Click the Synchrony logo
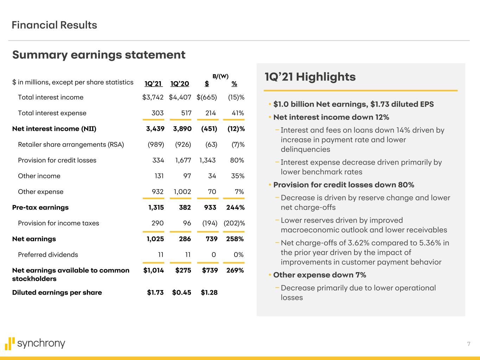pyautogui.click(x=35, y=343)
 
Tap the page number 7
pyautogui.click(x=468, y=344)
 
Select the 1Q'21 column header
pyautogui.click(x=153, y=84)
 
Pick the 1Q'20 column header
pyautogui.click(x=180, y=84)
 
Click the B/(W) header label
pyautogui.click(x=220, y=76)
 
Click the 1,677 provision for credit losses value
pyautogui.click(x=183, y=160)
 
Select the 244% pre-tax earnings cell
pyautogui.click(x=235, y=207)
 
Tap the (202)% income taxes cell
pyautogui.click(x=234, y=223)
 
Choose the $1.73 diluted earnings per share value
pyautogui.click(x=155, y=292)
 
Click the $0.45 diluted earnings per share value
pyautogui.click(x=182, y=292)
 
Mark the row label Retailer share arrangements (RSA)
pyautogui.click(x=71, y=144)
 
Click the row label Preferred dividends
pyautogui.click(x=48, y=255)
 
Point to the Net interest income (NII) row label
pyautogui.click(x=54, y=129)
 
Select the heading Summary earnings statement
pyautogui.click(x=99, y=55)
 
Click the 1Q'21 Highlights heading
pyautogui.click(x=310, y=77)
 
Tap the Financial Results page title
pyautogui.click(x=54, y=25)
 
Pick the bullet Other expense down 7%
pyautogui.click(x=319, y=275)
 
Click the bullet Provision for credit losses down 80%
pyautogui.click(x=344, y=185)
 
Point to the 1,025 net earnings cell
pyautogui.click(x=155, y=239)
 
